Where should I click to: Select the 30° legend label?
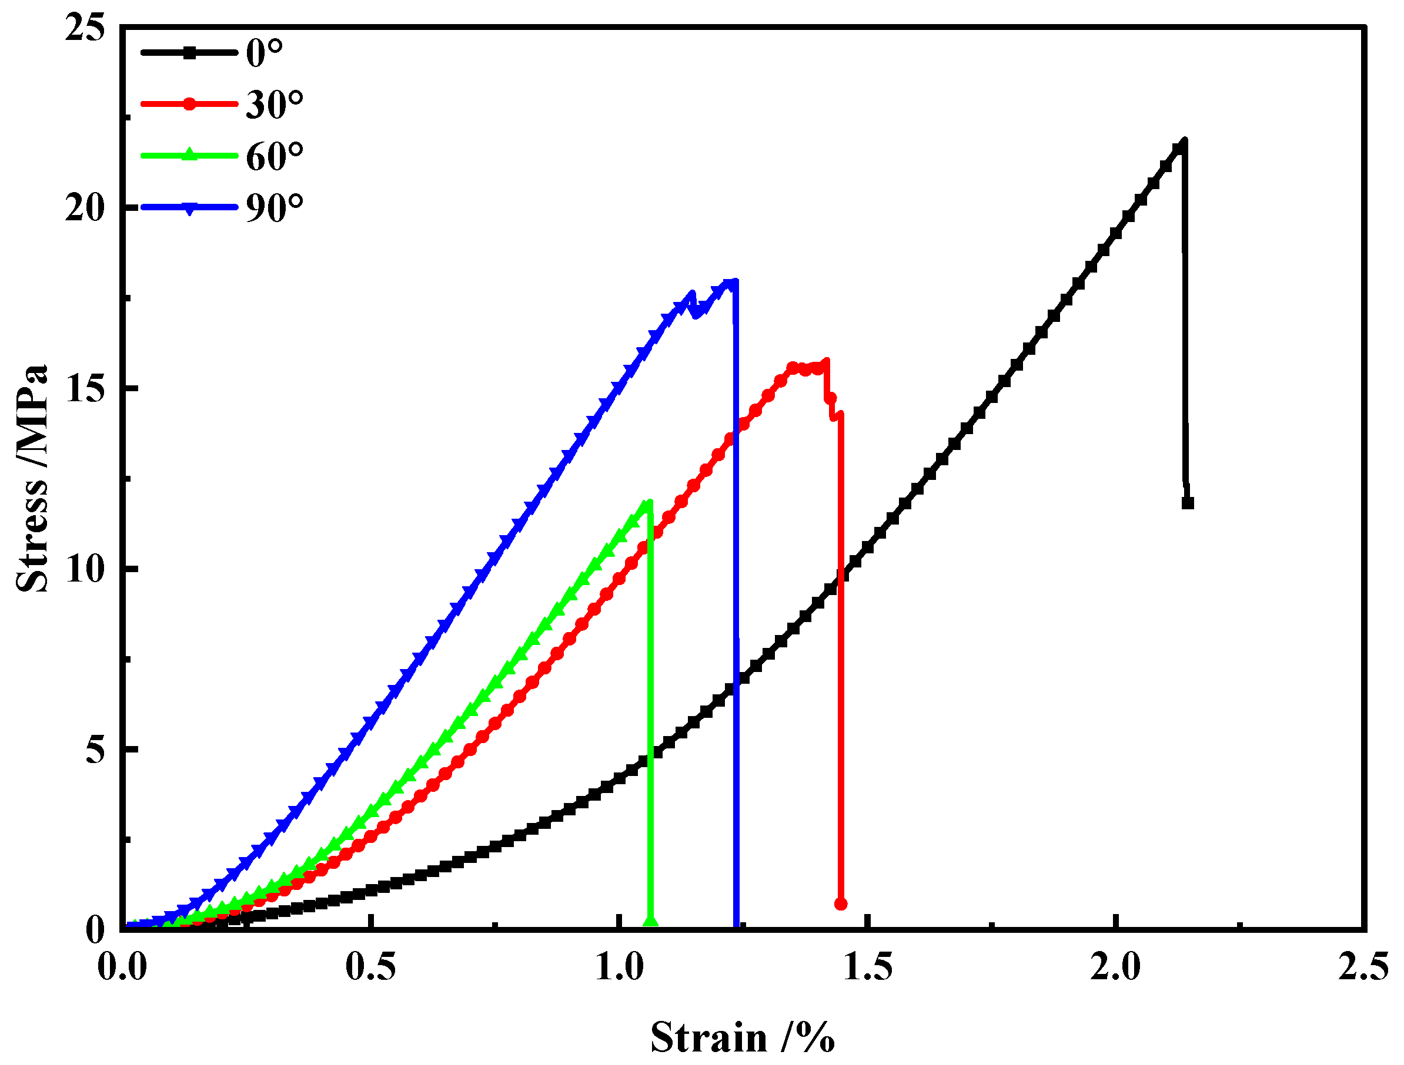coord(275,105)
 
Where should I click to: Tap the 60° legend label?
coord(275,157)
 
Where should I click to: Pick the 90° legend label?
coord(275,208)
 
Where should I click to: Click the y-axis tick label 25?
coord(84,29)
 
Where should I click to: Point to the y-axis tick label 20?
coord(84,208)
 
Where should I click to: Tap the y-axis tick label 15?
coord(84,388)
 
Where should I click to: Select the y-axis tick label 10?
coord(84,569)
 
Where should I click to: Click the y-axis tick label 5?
coord(95,750)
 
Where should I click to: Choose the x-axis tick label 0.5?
coord(370,967)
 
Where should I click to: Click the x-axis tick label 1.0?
coord(619,967)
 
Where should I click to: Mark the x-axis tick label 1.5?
coord(868,967)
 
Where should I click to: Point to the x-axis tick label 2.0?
coord(1115,967)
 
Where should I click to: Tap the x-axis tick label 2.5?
coord(1363,967)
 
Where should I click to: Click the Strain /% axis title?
coord(742,1039)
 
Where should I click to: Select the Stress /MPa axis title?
coord(32,479)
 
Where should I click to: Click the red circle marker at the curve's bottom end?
coord(841,904)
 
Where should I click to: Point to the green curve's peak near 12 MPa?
coord(648,503)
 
